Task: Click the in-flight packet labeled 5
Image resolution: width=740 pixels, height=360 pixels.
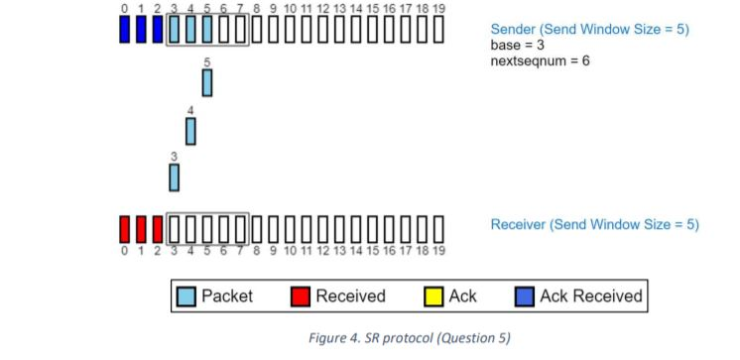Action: [207, 82]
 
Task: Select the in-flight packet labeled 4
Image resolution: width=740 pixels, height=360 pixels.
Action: [190, 130]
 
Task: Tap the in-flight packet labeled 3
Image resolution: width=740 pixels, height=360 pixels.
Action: [175, 177]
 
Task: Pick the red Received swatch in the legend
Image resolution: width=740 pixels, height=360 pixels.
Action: [301, 296]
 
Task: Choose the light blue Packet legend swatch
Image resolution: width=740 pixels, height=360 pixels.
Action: [186, 296]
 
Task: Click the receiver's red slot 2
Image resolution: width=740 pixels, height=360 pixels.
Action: [158, 228]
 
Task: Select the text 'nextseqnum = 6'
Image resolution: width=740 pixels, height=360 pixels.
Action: [541, 61]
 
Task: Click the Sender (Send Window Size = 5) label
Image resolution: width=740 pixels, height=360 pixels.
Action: [589, 29]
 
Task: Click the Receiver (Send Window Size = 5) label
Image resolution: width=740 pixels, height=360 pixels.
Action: [594, 225]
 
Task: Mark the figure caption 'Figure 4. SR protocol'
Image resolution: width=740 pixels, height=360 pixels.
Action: [410, 338]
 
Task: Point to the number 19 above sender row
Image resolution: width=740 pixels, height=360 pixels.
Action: [438, 9]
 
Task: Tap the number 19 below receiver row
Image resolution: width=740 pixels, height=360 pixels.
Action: [438, 251]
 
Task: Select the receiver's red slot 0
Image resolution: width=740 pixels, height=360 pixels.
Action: [125, 228]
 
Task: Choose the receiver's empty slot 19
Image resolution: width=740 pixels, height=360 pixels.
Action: [438, 228]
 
